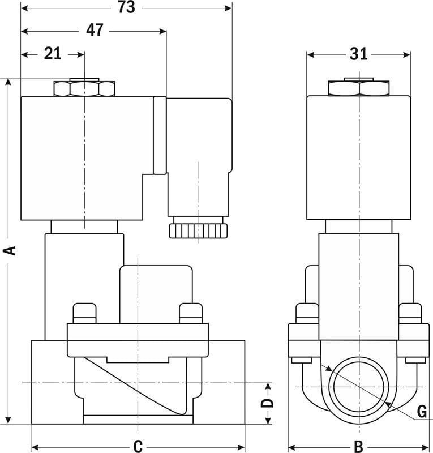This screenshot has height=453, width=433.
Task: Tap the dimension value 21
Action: pyautogui.click(x=52, y=54)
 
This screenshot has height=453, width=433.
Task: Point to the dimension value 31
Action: pyautogui.click(x=358, y=54)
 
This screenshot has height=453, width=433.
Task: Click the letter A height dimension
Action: pyautogui.click(x=9, y=251)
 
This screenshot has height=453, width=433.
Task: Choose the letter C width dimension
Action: pyautogui.click(x=137, y=445)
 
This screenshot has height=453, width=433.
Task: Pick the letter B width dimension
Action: pyautogui.click(x=358, y=445)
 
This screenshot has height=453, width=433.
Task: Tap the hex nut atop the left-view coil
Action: pyautogui.click(x=84, y=88)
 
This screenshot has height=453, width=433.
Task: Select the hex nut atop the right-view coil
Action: pyautogui.click(x=359, y=88)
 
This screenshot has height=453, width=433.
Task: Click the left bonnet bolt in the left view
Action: pyautogui.click(x=83, y=313)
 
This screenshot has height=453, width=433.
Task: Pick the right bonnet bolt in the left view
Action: pyautogui.click(x=190, y=313)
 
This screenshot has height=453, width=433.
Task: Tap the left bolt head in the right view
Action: pyautogui.click(x=307, y=313)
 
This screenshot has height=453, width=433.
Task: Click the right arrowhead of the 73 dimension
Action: pyautogui.click(x=229, y=8)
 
